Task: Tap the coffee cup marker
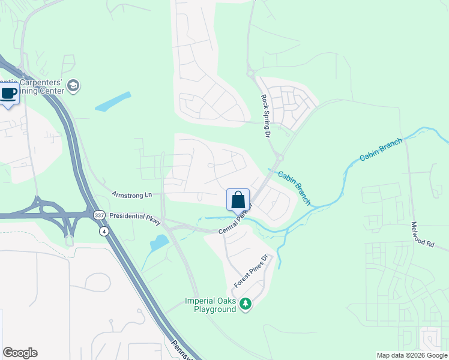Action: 8,94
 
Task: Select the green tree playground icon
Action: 245,304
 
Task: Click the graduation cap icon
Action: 74,85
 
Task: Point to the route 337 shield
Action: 98,215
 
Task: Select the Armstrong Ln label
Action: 132,196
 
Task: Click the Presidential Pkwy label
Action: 135,218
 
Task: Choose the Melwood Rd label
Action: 422,234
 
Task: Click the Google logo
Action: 20,353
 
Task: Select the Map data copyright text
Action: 412,355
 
